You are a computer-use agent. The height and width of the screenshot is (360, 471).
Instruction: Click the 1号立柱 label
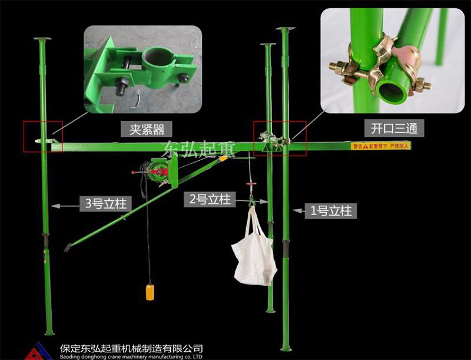pyautogui.click(x=330, y=210)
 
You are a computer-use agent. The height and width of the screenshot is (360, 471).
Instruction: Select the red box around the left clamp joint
pyautogui.click(x=42, y=137)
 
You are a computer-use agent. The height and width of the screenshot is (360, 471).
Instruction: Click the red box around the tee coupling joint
pyautogui.click(x=280, y=139)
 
